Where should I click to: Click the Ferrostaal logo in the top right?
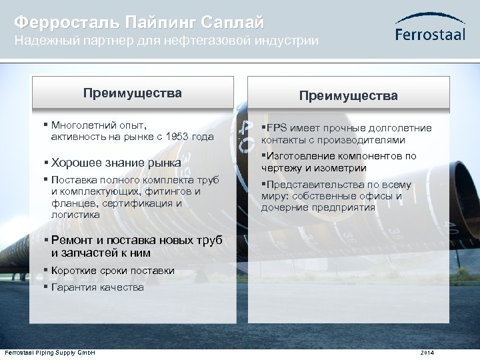click(x=430, y=28)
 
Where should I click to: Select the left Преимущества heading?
click(x=132, y=93)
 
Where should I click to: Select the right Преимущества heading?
click(x=348, y=96)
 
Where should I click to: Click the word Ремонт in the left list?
click(x=72, y=241)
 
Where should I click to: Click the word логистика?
click(x=75, y=215)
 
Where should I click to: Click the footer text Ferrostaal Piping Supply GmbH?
click(x=50, y=352)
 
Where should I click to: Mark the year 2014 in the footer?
click(x=427, y=352)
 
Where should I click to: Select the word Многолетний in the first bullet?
click(x=83, y=125)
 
